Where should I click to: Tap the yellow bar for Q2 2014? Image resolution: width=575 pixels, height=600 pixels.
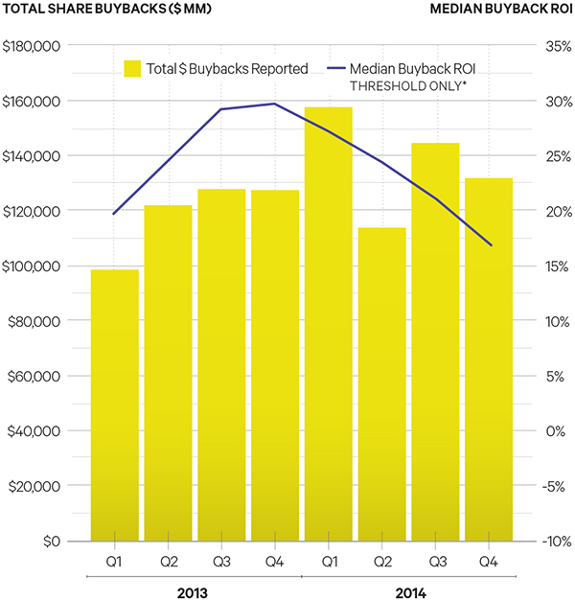tap(382, 383)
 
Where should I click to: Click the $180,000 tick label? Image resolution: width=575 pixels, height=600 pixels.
tap(34, 46)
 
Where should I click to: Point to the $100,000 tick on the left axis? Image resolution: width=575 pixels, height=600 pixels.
tap(34, 266)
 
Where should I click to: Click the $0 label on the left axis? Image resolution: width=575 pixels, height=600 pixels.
tap(51, 542)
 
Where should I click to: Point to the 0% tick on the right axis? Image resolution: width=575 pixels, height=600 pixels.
tap(557, 431)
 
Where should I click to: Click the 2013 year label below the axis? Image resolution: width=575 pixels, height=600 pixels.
tap(193, 590)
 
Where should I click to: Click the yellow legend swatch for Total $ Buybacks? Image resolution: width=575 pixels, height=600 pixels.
tap(133, 68)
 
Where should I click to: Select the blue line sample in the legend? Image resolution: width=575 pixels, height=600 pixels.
tap(334, 68)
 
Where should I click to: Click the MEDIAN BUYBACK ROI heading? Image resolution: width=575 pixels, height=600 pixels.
tap(501, 10)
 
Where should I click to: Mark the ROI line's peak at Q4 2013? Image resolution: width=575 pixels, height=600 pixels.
tap(275, 104)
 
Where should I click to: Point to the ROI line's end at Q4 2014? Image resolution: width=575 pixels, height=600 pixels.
tap(492, 245)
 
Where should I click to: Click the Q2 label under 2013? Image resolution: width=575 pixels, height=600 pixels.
tap(169, 559)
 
